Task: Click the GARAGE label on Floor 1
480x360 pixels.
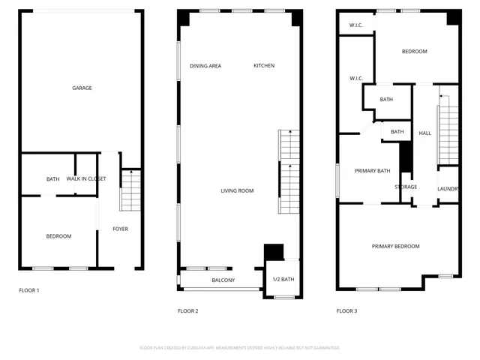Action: (82, 88)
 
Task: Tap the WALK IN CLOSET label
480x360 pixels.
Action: (86, 179)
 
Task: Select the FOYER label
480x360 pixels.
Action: (120, 229)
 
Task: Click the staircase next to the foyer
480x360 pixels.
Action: (130, 191)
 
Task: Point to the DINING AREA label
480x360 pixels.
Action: (205, 66)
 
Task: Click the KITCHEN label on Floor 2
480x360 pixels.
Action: (264, 66)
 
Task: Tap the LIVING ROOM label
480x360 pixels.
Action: (237, 191)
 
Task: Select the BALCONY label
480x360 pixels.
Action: (223, 280)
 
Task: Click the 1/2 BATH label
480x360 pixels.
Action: (282, 280)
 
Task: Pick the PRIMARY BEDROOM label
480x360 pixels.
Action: (396, 247)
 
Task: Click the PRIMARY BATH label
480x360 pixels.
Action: (373, 171)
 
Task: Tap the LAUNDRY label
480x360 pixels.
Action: (448, 189)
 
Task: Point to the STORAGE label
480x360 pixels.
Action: (406, 187)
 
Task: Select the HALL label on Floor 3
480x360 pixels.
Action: (425, 133)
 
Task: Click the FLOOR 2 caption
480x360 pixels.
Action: (187, 310)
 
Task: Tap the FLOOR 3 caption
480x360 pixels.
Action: (346, 310)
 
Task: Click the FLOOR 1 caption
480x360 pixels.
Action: (29, 290)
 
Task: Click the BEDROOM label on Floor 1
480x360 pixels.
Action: (58, 237)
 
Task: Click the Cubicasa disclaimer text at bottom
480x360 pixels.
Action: (240, 348)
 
